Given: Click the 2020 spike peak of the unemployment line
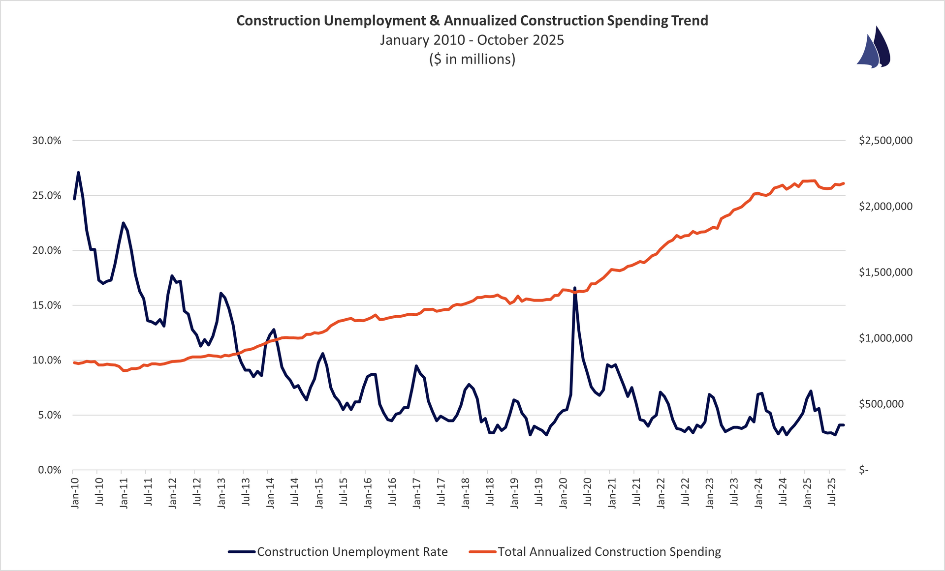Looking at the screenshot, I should [x=575, y=288].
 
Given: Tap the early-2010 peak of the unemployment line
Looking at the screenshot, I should [x=78, y=173].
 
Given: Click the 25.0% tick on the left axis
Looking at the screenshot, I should [x=47, y=196].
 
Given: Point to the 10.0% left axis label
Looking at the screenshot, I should [x=47, y=361].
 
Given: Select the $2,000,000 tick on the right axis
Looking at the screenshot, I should [x=885, y=207].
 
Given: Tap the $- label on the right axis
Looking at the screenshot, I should [x=864, y=470].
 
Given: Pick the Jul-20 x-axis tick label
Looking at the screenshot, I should [x=587, y=492].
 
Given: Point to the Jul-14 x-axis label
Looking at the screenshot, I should [x=294, y=492].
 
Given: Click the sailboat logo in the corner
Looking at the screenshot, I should [x=874, y=48].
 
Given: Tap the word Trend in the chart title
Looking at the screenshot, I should [x=690, y=21].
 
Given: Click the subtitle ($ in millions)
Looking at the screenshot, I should [x=472, y=59].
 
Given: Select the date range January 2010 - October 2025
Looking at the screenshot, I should [x=472, y=40].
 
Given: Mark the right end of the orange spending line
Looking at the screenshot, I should [x=844, y=183].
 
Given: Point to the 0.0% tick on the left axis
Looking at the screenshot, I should [x=49, y=470].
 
